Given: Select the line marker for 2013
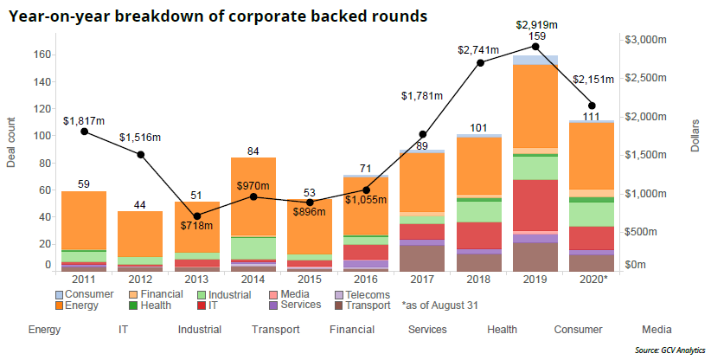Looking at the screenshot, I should tap(196, 216).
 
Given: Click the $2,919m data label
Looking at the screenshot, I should tap(535, 24).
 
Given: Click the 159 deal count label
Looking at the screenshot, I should tap(536, 36).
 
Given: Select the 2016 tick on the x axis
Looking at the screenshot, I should tap(367, 280).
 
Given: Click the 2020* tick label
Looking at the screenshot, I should tap(592, 280).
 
